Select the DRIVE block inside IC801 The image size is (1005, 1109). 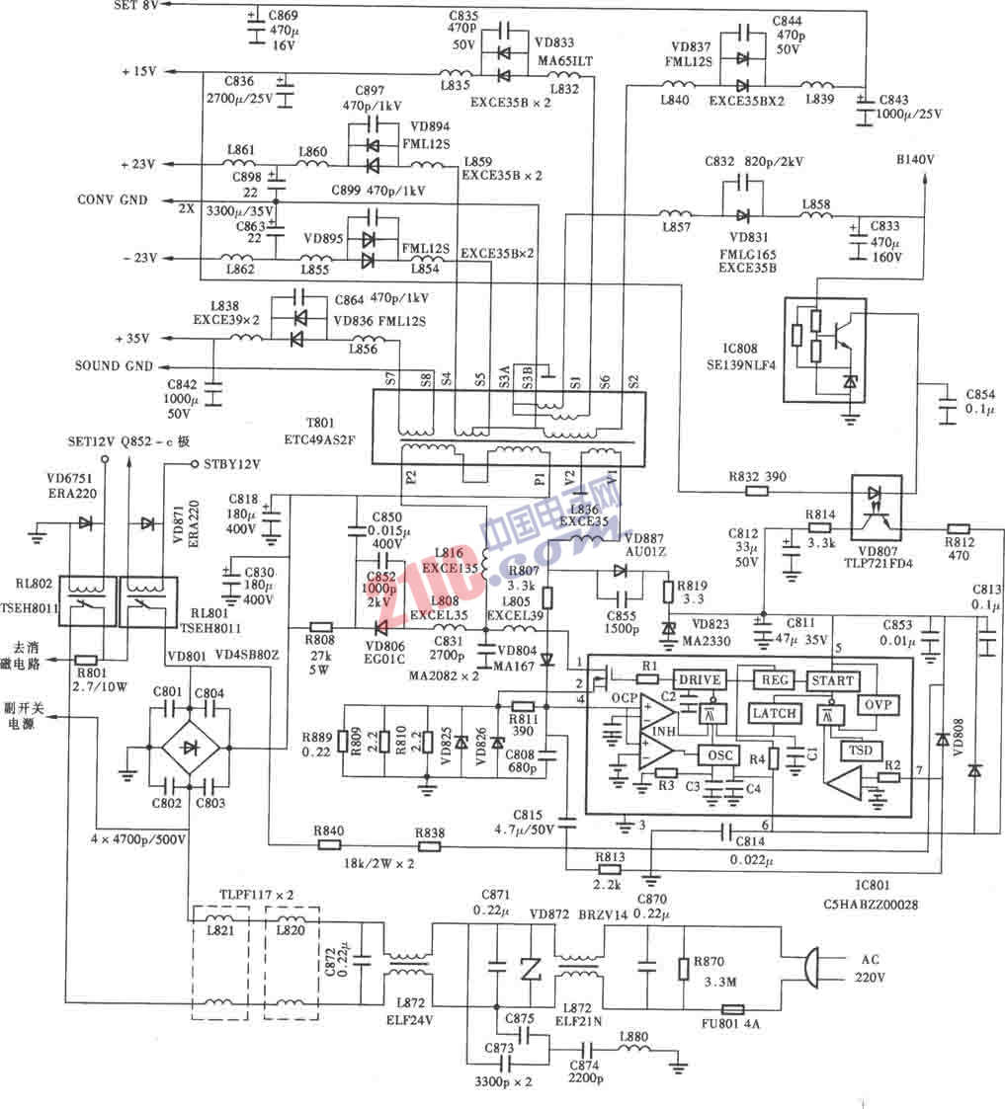point(699,679)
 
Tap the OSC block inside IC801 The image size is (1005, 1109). point(716,754)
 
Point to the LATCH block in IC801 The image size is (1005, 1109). point(774,713)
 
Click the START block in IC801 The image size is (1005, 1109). point(831,680)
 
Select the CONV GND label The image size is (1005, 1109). point(113,199)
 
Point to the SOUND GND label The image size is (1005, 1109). point(114,365)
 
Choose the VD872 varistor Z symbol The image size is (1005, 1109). point(532,970)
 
